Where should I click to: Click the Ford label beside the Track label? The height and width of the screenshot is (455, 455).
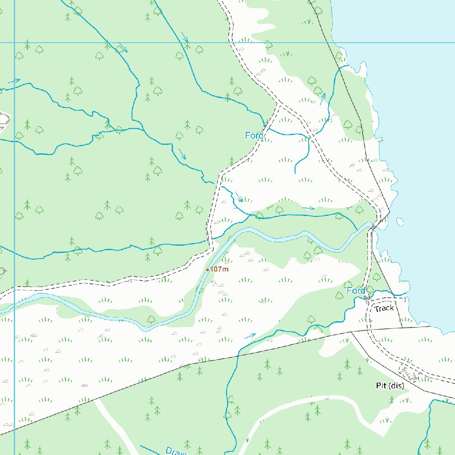click(x=355, y=291)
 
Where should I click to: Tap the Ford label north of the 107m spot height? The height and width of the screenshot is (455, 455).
click(x=254, y=136)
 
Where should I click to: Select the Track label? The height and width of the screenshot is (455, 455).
click(x=384, y=308)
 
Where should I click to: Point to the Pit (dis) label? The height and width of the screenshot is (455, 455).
click(x=390, y=386)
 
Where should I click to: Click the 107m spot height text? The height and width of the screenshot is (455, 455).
click(x=219, y=269)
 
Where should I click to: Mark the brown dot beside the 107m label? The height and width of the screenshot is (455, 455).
click(x=208, y=270)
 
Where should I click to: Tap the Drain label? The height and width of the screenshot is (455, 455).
click(x=176, y=451)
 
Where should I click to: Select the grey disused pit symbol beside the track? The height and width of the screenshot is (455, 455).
click(x=409, y=372)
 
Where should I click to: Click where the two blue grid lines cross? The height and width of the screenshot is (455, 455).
click(x=14, y=43)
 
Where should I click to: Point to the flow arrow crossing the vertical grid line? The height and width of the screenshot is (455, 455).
click(x=14, y=81)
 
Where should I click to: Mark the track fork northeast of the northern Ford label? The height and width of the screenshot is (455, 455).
click(x=279, y=105)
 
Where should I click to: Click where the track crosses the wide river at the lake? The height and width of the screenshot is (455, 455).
click(x=371, y=228)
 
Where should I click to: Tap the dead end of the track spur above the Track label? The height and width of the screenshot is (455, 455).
click(x=406, y=299)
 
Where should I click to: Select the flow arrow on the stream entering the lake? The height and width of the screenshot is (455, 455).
click(x=323, y=96)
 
